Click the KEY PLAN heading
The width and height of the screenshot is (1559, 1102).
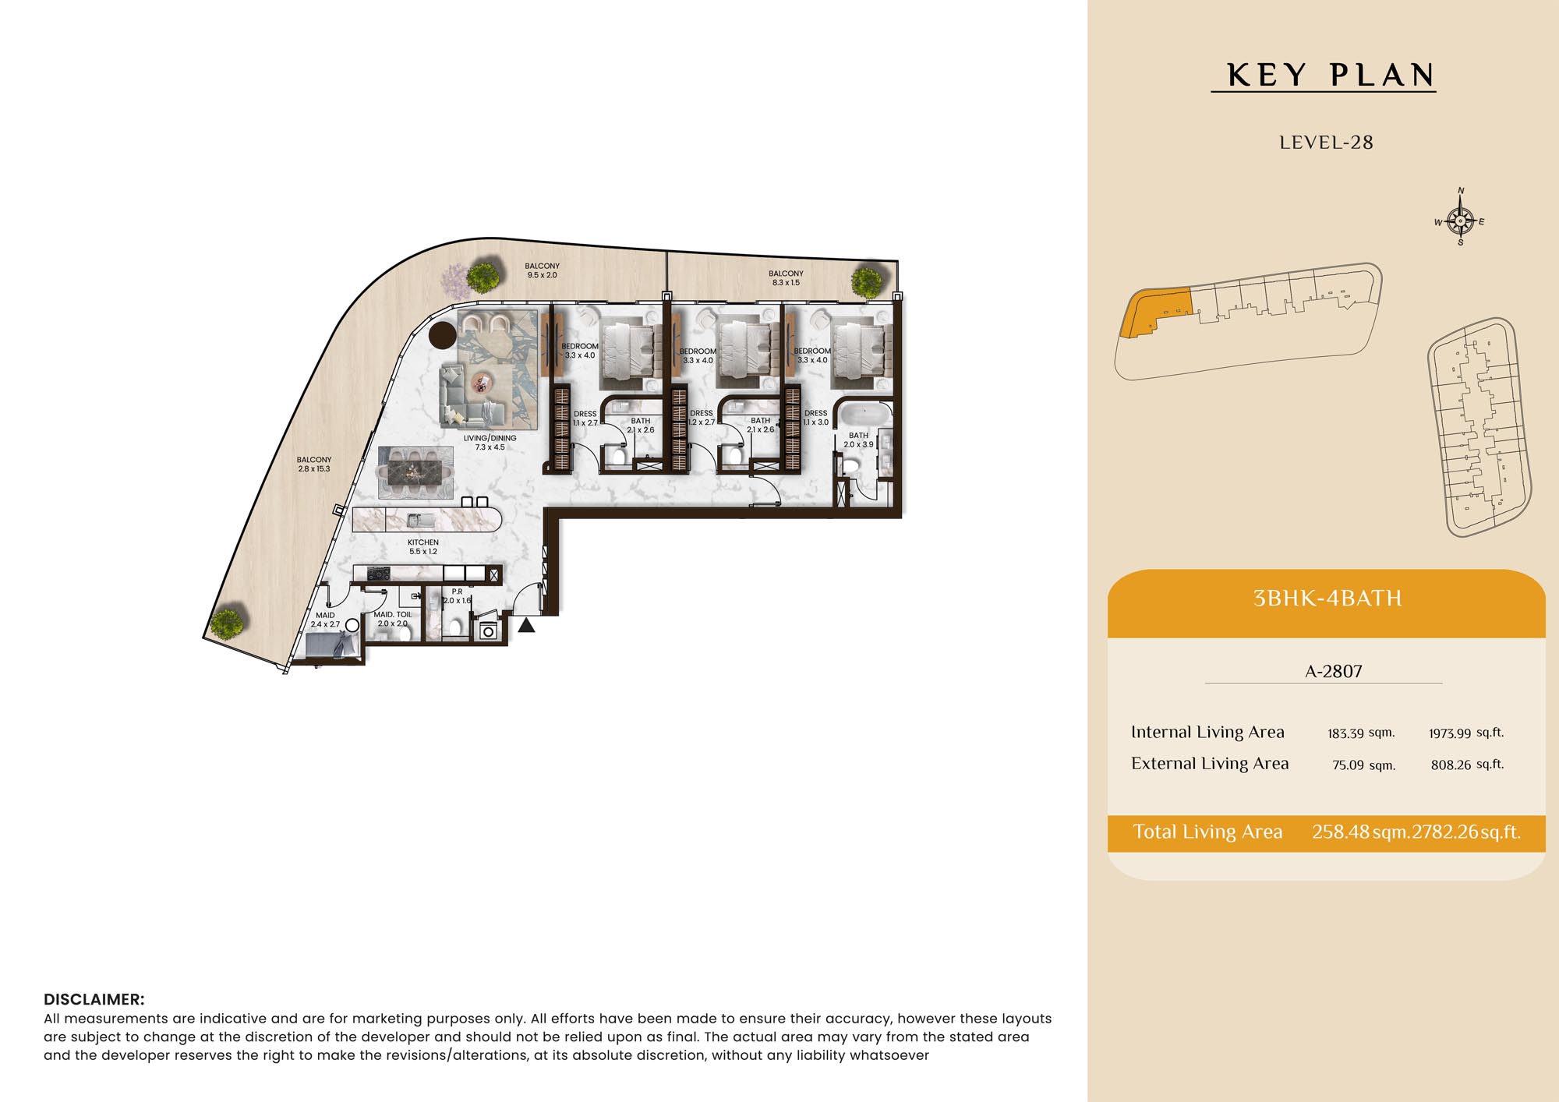pos(1330,75)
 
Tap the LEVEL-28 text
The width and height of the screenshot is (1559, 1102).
pos(1326,143)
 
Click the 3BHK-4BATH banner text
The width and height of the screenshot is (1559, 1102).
pos(1327,599)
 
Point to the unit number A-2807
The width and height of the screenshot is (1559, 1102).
pos(1334,671)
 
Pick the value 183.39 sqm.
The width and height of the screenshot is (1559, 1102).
pos(1361,733)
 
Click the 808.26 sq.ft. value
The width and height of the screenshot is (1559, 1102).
pos(1467,765)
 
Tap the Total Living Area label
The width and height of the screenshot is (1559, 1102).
pos(1207,832)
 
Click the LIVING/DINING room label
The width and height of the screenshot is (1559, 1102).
pos(490,443)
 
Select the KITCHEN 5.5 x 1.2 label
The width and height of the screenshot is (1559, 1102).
pos(423,546)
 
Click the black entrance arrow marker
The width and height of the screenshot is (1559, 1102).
pos(527,625)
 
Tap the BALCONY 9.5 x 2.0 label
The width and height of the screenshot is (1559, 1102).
pos(543,270)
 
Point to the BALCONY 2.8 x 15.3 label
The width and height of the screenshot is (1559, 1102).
pos(314,464)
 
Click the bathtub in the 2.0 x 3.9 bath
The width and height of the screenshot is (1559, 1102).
pos(864,414)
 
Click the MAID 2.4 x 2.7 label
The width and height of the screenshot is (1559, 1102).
pos(325,620)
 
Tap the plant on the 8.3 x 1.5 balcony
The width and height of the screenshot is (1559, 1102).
pos(867,281)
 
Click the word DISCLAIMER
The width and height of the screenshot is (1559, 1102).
pos(94,1000)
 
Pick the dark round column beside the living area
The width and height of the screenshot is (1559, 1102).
pos(443,335)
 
